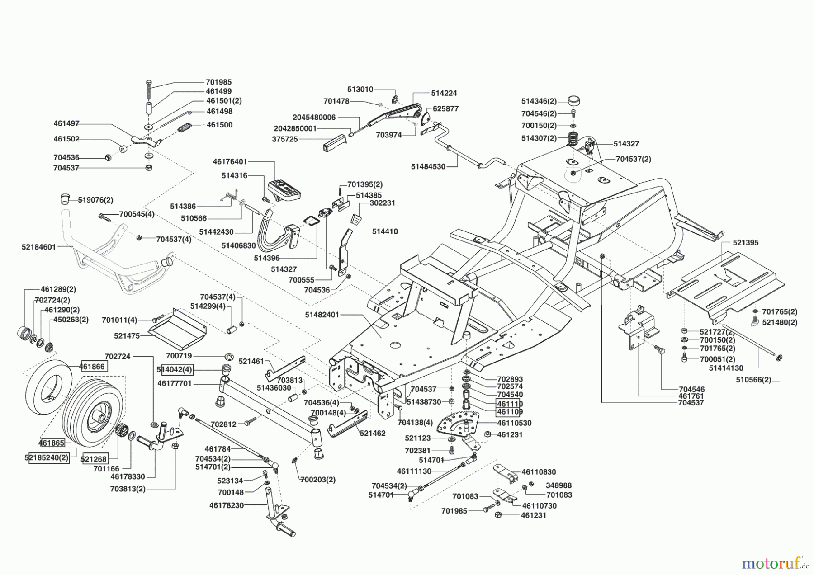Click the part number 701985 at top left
[218, 82]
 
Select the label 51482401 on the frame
[322, 315]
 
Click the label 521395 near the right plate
[745, 243]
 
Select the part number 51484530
[428, 166]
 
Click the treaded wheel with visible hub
[93, 415]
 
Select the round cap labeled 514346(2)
[573, 100]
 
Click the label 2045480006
[314, 117]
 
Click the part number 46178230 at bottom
[227, 505]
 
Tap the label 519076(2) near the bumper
[95, 200]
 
